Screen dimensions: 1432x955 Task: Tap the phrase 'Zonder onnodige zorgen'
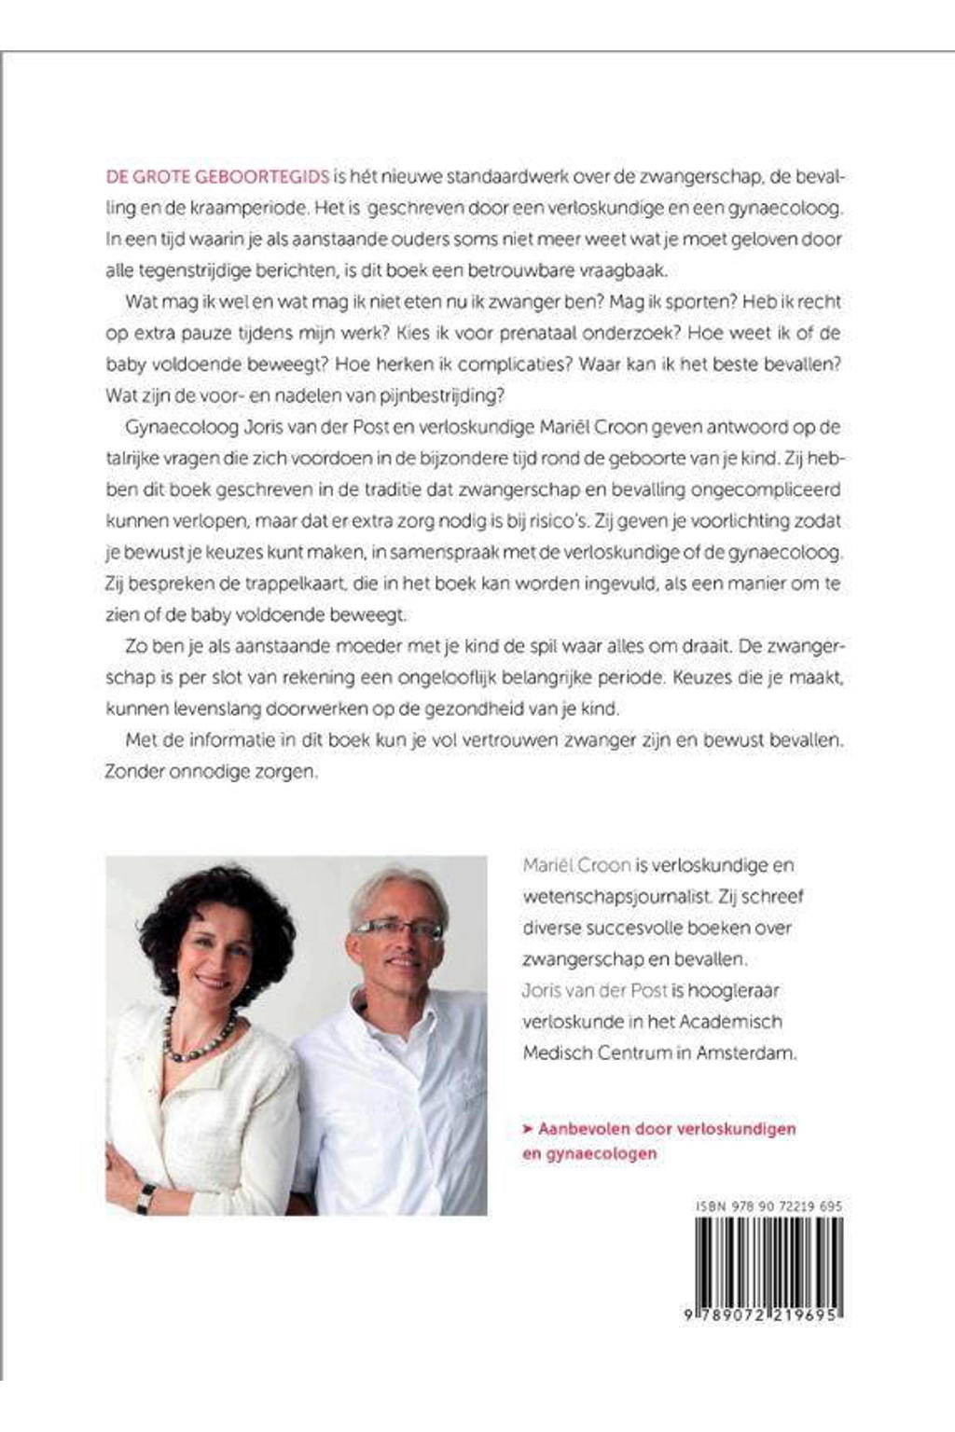(x=211, y=773)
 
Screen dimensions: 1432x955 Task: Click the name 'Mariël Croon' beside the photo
(x=576, y=865)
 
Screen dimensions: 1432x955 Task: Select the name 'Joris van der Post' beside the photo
(x=596, y=990)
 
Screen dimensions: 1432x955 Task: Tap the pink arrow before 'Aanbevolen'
(x=528, y=1128)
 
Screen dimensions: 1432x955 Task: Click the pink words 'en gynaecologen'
(x=589, y=1153)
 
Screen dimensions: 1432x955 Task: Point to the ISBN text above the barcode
(x=768, y=1206)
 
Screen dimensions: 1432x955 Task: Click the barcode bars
(x=768, y=1259)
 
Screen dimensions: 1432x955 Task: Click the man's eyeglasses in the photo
(x=396, y=928)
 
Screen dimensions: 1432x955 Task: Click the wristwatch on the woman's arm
(x=145, y=1197)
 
